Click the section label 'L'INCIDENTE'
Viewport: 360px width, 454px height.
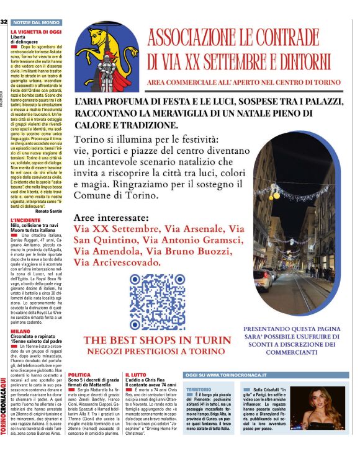tap(24, 220)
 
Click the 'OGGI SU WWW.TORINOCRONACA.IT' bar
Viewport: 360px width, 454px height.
tap(226, 375)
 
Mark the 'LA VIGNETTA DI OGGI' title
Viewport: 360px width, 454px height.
tap(35, 31)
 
